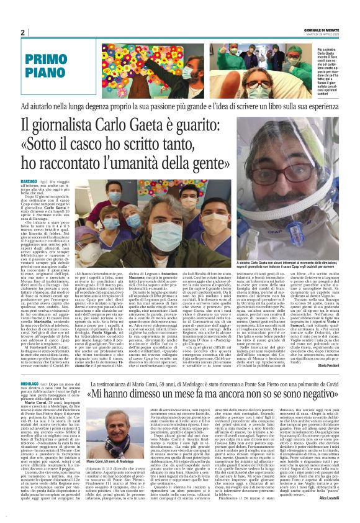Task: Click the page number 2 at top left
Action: click(22, 32)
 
